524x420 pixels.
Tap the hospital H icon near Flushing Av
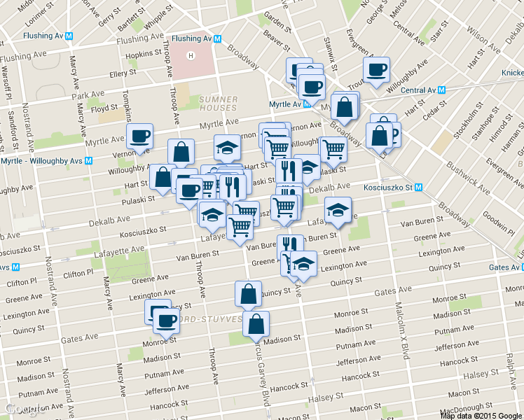[x=191, y=55]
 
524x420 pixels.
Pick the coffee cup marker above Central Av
[x=376, y=70]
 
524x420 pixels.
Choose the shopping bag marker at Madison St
[x=256, y=323]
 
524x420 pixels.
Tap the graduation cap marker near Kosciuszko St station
[x=338, y=209]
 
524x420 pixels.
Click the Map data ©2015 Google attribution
[x=481, y=415]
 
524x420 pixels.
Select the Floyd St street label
[x=103, y=108]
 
